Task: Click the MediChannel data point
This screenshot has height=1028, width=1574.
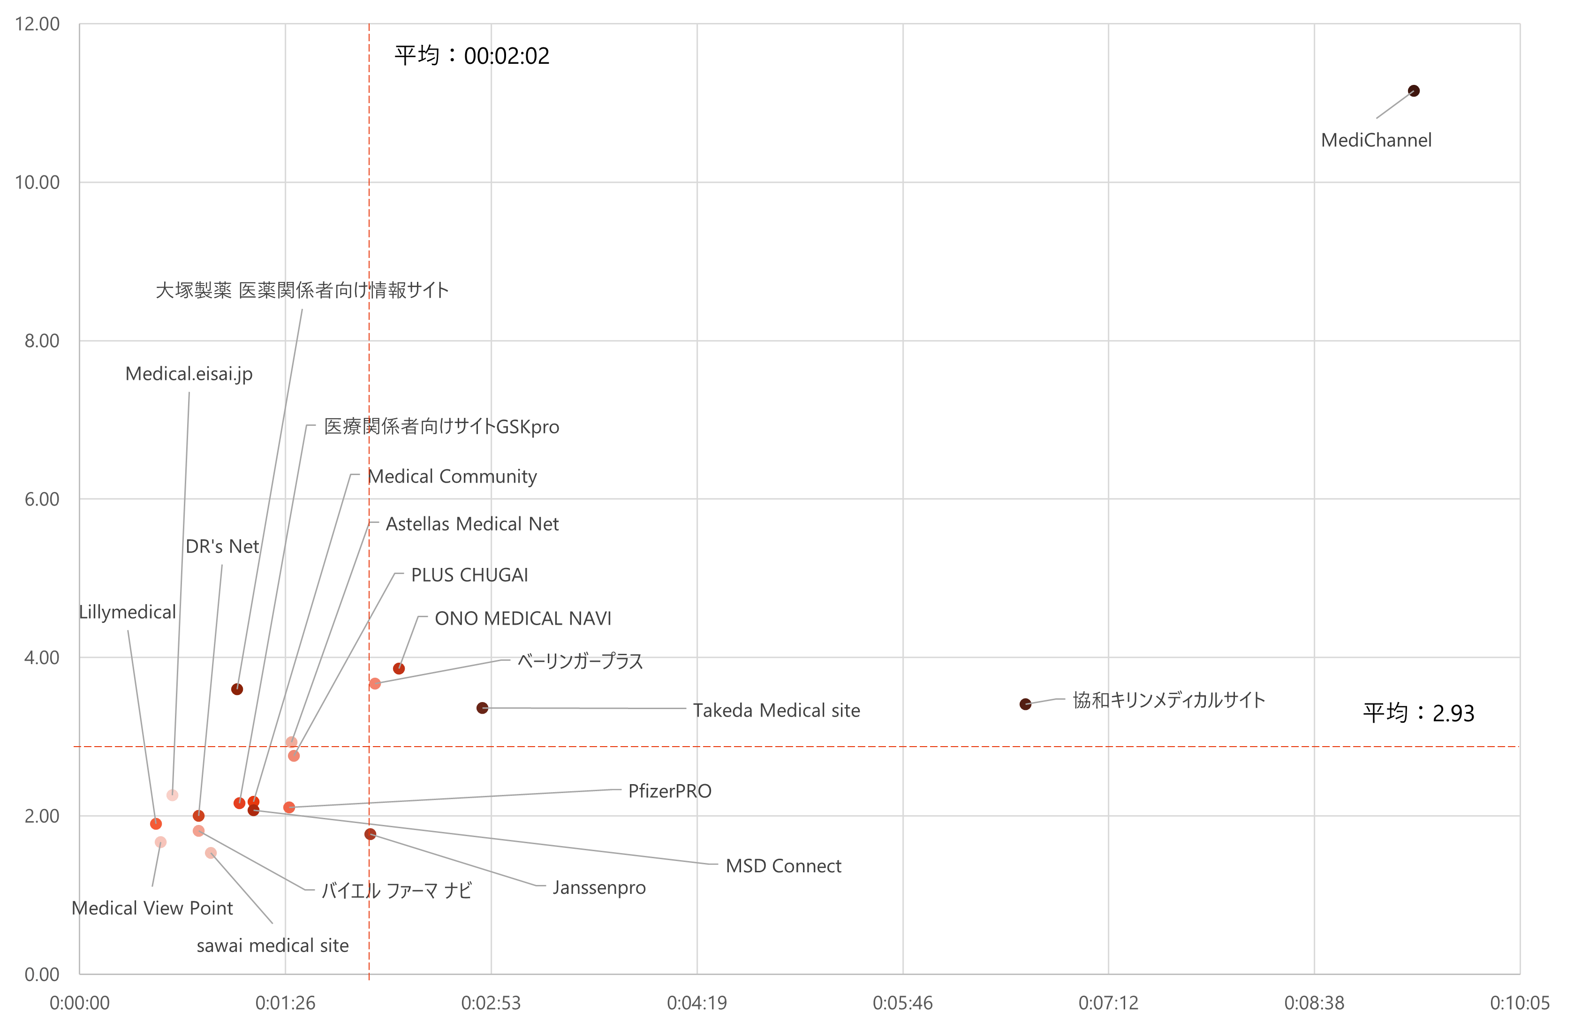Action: tap(1413, 91)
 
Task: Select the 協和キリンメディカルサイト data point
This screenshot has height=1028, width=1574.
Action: tap(1025, 704)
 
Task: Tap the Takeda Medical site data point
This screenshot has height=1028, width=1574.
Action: tap(482, 708)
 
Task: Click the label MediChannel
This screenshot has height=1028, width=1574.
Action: tap(1376, 140)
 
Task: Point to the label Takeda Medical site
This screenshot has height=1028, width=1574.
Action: tap(776, 710)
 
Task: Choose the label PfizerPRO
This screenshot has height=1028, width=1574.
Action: tap(669, 791)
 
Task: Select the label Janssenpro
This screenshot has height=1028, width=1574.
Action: tap(598, 887)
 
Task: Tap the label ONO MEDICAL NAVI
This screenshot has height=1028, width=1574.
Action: tap(522, 618)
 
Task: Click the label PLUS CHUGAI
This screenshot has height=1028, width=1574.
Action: tap(469, 574)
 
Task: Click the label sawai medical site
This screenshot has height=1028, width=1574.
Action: tap(272, 945)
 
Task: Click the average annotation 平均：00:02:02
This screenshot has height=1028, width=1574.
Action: tap(471, 55)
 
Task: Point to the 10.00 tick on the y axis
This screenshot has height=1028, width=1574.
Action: tap(37, 182)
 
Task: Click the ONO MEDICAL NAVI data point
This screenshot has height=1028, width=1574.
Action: tap(399, 668)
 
